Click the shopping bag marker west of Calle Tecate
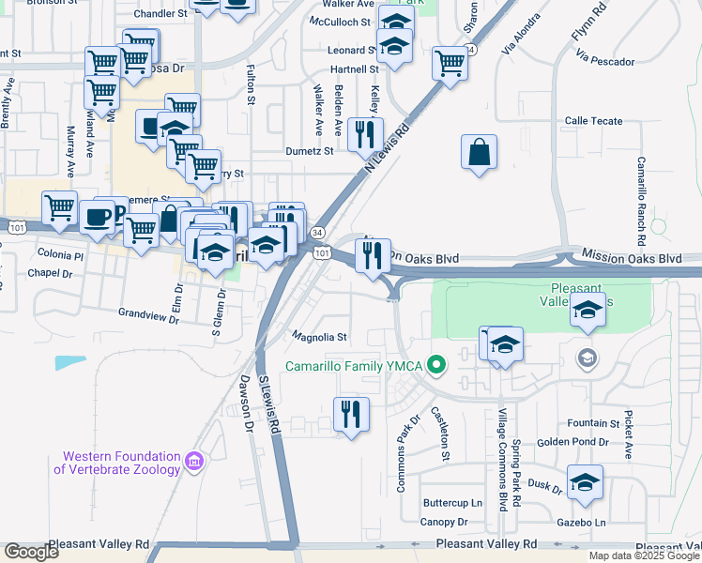[x=479, y=152]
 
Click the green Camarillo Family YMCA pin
[x=435, y=365]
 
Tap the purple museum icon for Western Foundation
[x=194, y=461]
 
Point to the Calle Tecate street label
[x=593, y=121]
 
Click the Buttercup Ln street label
[x=451, y=504]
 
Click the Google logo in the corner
[x=30, y=552]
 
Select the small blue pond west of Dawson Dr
[x=70, y=362]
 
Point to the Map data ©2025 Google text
[x=644, y=555]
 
